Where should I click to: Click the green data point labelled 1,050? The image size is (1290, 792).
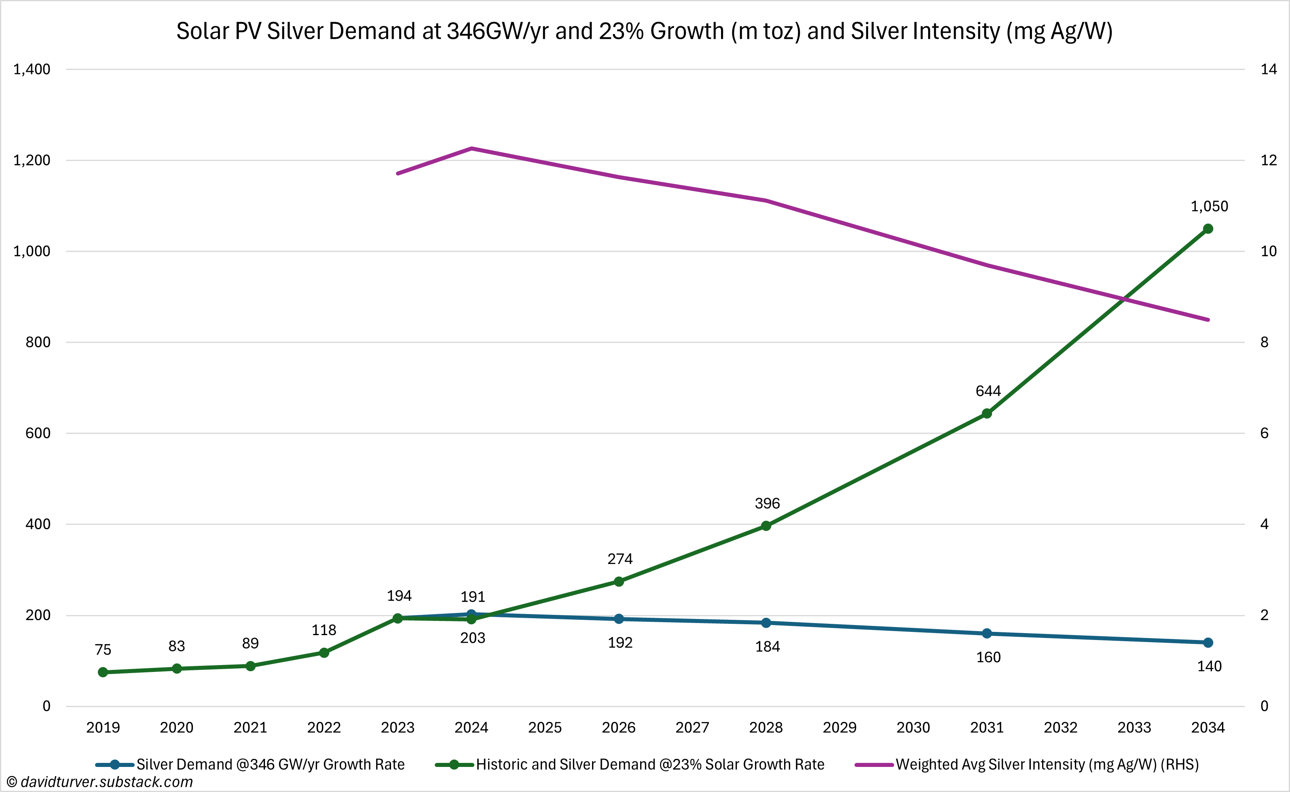(x=1208, y=228)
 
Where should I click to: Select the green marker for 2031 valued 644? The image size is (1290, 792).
(x=987, y=413)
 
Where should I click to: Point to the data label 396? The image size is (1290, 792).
(x=767, y=503)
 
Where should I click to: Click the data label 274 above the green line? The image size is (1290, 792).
(x=620, y=559)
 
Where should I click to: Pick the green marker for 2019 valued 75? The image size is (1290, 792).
(x=103, y=672)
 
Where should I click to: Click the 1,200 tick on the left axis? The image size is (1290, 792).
(x=32, y=160)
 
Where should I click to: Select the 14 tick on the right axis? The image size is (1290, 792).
(x=1269, y=69)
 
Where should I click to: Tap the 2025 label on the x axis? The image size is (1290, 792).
(x=545, y=728)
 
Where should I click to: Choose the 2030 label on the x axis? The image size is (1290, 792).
(x=913, y=728)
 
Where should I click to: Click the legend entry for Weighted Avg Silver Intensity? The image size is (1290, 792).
(x=1047, y=765)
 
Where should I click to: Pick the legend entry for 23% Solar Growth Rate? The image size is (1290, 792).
(x=650, y=765)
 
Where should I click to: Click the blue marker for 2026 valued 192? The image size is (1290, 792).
(x=619, y=619)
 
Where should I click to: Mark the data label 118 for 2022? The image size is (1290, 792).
(x=324, y=630)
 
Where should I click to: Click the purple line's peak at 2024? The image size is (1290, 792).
(x=472, y=148)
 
